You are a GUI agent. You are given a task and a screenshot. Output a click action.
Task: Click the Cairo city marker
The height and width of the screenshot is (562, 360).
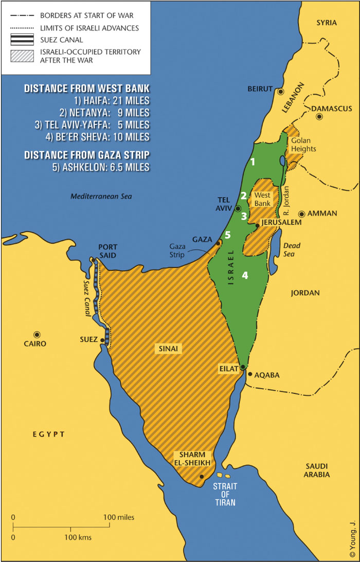click(x=37, y=334)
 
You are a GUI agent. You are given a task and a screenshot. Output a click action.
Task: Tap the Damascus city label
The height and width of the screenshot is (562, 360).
click(x=331, y=108)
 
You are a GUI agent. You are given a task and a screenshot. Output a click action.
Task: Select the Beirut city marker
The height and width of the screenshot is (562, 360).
click(x=281, y=92)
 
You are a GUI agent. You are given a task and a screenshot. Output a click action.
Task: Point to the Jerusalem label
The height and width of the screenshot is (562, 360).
click(x=281, y=222)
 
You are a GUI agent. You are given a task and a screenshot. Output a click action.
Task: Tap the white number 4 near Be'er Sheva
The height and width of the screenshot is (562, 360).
click(x=245, y=275)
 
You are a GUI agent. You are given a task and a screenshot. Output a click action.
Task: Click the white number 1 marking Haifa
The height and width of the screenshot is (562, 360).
click(x=252, y=162)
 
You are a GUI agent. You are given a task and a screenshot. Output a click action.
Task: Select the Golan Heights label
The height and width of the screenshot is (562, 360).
click(x=304, y=144)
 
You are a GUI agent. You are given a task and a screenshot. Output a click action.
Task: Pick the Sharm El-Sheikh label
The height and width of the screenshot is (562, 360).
click(x=192, y=459)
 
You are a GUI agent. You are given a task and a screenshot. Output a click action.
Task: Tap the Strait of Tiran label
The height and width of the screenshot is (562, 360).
click(x=225, y=493)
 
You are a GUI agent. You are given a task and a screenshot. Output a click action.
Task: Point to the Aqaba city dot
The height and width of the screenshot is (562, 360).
click(x=250, y=374)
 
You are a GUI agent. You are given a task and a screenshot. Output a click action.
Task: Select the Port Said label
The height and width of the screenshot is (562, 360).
click(x=107, y=251)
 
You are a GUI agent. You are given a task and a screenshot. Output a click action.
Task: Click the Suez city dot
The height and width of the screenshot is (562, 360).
click(x=103, y=340)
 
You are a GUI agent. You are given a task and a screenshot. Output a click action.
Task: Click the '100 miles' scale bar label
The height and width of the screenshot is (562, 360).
click(x=119, y=517)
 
